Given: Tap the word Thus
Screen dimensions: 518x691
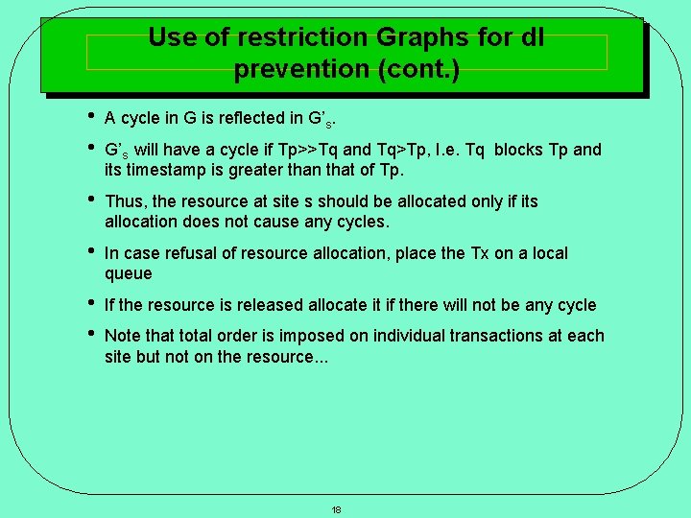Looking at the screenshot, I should (x=125, y=201).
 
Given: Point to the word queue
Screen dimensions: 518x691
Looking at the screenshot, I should (x=128, y=273).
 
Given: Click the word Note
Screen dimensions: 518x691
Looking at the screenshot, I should (x=122, y=336).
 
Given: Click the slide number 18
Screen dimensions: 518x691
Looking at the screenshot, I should (x=336, y=509).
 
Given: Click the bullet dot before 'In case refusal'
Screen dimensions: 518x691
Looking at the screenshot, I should (x=89, y=252).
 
